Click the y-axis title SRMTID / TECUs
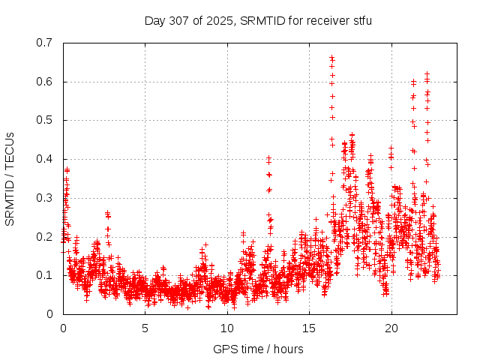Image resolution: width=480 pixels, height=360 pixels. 10,178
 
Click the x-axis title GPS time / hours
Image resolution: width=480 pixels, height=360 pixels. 258,349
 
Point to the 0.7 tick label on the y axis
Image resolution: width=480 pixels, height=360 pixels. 45,43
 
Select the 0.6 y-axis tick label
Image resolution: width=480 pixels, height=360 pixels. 45,82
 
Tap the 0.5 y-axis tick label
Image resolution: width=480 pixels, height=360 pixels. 45,120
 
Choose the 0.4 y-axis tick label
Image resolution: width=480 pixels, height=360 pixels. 45,159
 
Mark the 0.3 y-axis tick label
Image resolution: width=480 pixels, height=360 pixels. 45,198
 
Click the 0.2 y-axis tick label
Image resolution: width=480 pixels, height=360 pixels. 45,236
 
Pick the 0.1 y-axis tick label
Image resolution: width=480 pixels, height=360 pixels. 45,275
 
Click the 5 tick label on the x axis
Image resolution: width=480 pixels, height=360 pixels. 145,328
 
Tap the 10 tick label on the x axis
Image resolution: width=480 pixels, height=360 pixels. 227,328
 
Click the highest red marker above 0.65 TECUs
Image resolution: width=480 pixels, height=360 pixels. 331,57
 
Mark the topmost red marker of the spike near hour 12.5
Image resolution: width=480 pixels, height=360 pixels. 268,158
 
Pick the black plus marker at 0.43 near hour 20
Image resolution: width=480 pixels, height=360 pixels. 391,148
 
